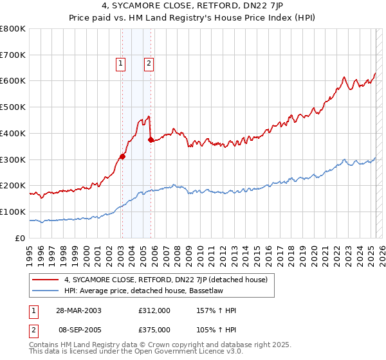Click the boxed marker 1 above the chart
tap(121, 63)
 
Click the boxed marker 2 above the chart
tap(149, 63)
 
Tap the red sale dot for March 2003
tap(122, 156)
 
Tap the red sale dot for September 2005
tap(151, 139)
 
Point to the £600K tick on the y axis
tap(14, 81)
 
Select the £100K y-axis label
tap(14, 212)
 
